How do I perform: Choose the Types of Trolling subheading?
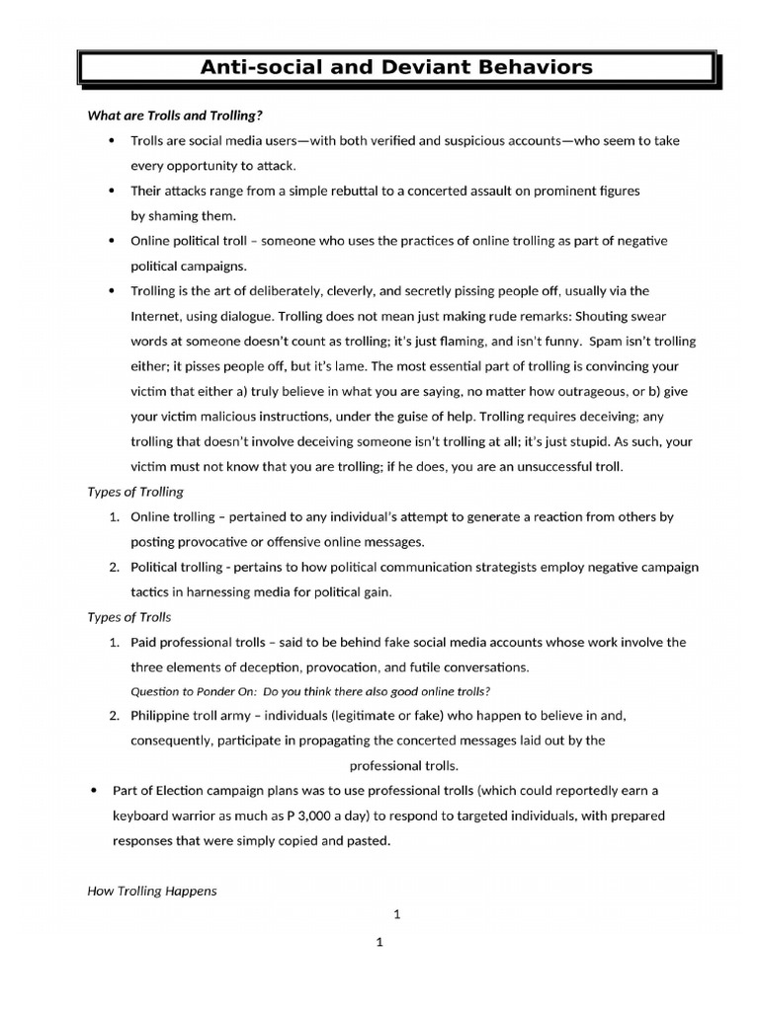click(135, 492)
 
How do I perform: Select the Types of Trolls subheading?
click(129, 617)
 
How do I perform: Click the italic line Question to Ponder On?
click(310, 690)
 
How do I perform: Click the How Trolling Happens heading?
click(152, 891)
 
